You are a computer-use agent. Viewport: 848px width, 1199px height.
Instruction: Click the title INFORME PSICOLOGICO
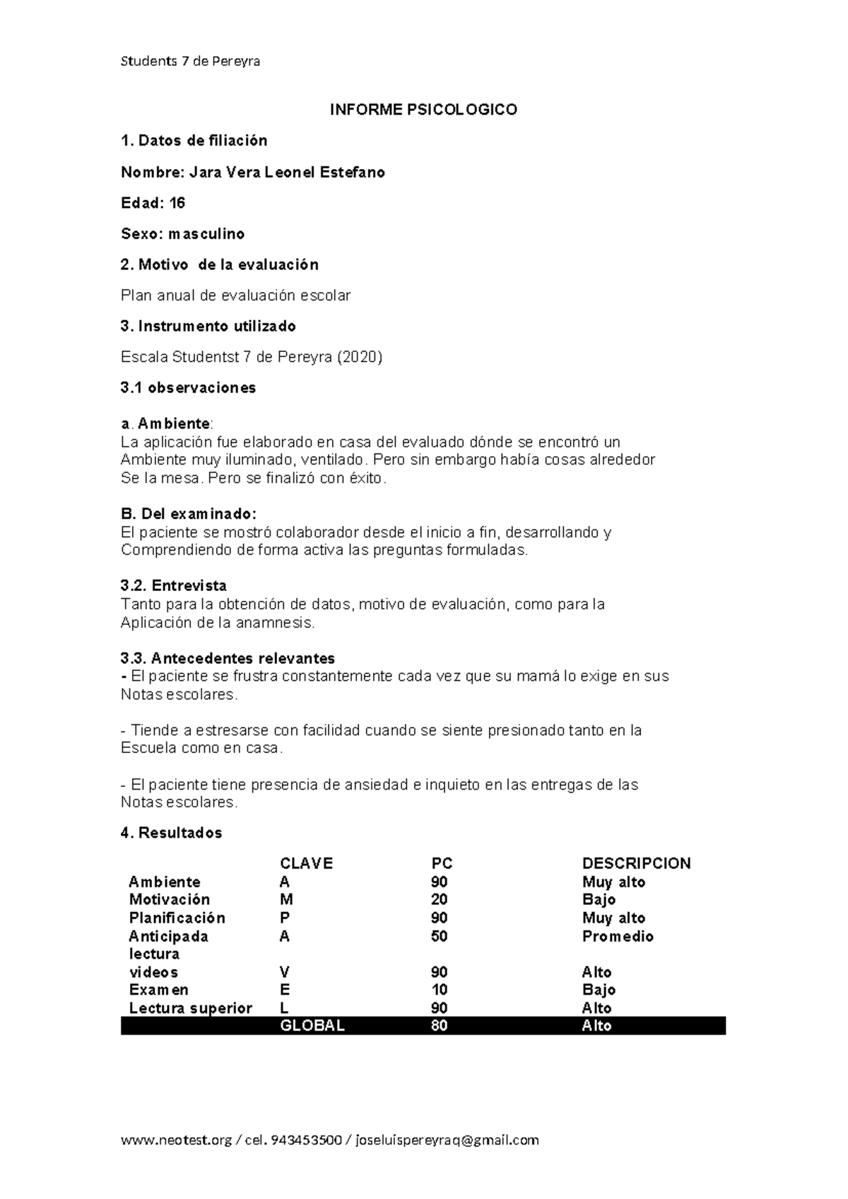pos(424,110)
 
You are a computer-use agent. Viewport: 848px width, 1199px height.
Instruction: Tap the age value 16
pos(177,203)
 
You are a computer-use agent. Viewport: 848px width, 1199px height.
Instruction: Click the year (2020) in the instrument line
pos(360,357)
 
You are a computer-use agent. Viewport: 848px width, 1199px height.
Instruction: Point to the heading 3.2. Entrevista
pos(174,585)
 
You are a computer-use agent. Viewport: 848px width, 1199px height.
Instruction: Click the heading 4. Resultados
pos(171,833)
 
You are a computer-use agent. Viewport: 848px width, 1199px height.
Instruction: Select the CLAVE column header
pos(306,863)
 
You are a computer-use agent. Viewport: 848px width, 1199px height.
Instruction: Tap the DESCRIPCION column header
pos(636,863)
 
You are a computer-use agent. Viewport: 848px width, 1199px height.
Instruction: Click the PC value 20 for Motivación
pos(439,899)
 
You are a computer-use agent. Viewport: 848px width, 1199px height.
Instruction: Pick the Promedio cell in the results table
pos(618,936)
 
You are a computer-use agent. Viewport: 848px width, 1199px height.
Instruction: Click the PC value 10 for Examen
pos(439,990)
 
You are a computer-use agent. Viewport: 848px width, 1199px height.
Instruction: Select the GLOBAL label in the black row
pos(312,1026)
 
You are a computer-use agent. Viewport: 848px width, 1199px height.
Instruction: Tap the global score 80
pos(439,1026)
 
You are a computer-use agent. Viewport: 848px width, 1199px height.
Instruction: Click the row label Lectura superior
pos(190,1008)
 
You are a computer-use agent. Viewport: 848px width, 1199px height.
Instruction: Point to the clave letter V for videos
pos(285,972)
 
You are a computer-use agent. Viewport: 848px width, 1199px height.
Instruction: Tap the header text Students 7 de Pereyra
pos(190,62)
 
